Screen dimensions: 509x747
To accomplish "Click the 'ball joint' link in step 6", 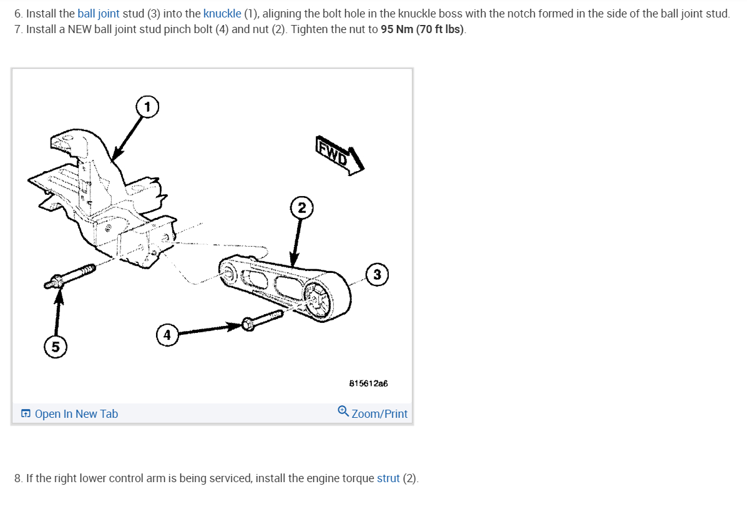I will pyautogui.click(x=99, y=13).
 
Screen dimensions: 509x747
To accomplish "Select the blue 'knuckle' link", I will pyautogui.click(x=222, y=13).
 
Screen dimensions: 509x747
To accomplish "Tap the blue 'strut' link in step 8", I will pyautogui.click(x=388, y=478).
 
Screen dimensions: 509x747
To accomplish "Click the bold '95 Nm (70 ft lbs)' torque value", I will pyautogui.click(x=422, y=29).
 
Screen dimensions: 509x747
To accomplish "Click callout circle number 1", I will pyautogui.click(x=147, y=107).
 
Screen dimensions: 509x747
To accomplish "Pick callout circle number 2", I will pyautogui.click(x=301, y=208).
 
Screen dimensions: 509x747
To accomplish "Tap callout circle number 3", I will pyautogui.click(x=377, y=274).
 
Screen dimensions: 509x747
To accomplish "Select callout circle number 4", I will pyautogui.click(x=167, y=335).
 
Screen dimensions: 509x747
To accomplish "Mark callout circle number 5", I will pyautogui.click(x=56, y=347).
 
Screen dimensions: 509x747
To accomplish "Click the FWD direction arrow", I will pyautogui.click(x=339, y=156).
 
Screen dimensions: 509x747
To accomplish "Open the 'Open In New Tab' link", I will pyautogui.click(x=76, y=413).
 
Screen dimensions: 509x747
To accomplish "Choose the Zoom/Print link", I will pyautogui.click(x=379, y=413).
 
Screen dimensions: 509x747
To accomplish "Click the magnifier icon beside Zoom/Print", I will pyautogui.click(x=343, y=412).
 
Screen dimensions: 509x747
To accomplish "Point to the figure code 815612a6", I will pyautogui.click(x=368, y=383).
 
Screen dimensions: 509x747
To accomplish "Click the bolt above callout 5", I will pyautogui.click(x=70, y=276).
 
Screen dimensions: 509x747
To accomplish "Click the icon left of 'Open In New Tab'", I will pyautogui.click(x=26, y=413).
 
